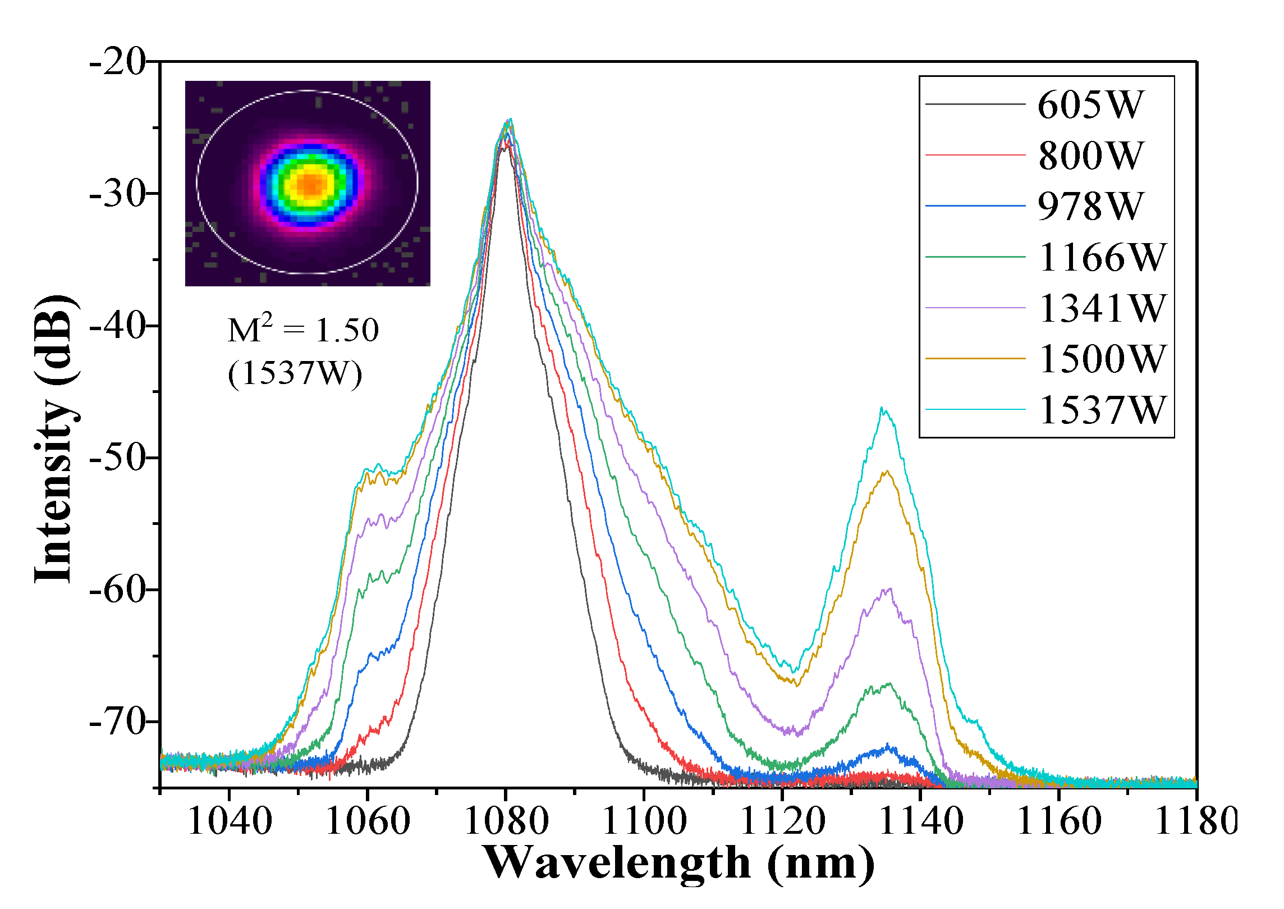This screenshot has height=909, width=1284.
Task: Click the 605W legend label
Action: pos(1090,105)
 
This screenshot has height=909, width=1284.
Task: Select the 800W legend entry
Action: pos(1090,156)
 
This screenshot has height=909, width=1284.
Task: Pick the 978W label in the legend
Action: pos(1090,207)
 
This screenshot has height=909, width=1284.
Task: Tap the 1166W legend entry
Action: pos(1102,258)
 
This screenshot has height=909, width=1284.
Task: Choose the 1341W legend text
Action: pos(1102,308)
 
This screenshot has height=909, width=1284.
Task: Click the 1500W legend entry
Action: pos(1102,359)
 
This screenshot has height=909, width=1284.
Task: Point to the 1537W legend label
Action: pos(1102,410)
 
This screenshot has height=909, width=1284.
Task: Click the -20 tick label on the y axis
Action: pos(117,62)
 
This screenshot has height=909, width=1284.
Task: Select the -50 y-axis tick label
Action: pos(117,458)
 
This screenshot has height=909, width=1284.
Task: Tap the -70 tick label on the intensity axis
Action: pos(117,721)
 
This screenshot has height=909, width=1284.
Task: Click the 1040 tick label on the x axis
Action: pos(230,821)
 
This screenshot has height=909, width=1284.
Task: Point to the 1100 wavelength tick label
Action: pos(644,821)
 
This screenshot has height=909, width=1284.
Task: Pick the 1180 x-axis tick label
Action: pos(1196,821)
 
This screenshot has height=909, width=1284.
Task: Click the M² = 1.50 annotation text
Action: pos(303,330)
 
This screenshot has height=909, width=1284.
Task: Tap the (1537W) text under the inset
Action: pos(295,373)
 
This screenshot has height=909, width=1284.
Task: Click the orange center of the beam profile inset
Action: pos(311,184)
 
